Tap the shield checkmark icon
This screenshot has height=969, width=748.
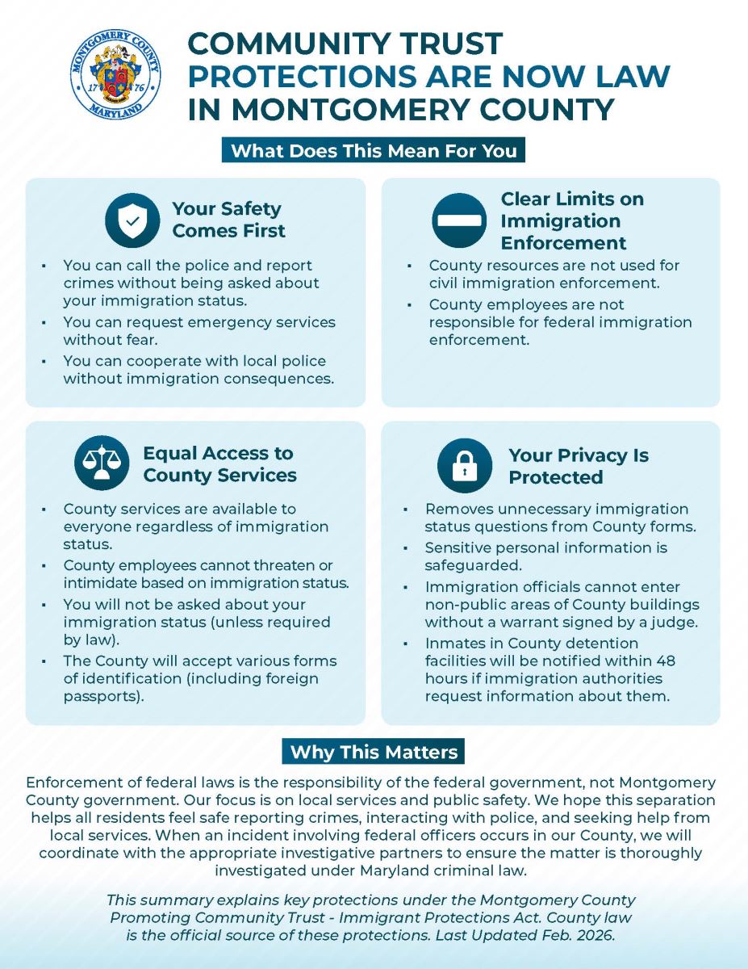(132, 220)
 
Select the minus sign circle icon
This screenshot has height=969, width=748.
(458, 220)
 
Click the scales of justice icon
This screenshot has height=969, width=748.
(102, 464)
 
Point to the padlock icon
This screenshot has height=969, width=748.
(464, 466)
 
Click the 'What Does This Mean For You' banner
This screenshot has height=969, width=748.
(374, 150)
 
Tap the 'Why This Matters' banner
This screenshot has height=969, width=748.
(374, 752)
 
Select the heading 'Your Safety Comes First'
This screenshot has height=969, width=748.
(228, 220)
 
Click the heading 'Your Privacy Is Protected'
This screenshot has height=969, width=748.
(578, 466)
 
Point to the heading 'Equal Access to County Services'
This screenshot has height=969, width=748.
(219, 464)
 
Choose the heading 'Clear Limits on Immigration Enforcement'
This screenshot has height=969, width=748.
(571, 220)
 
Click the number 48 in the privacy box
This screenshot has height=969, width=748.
(666, 661)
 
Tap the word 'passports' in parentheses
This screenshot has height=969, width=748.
(102, 696)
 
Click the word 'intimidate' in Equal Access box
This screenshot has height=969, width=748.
(103, 582)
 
